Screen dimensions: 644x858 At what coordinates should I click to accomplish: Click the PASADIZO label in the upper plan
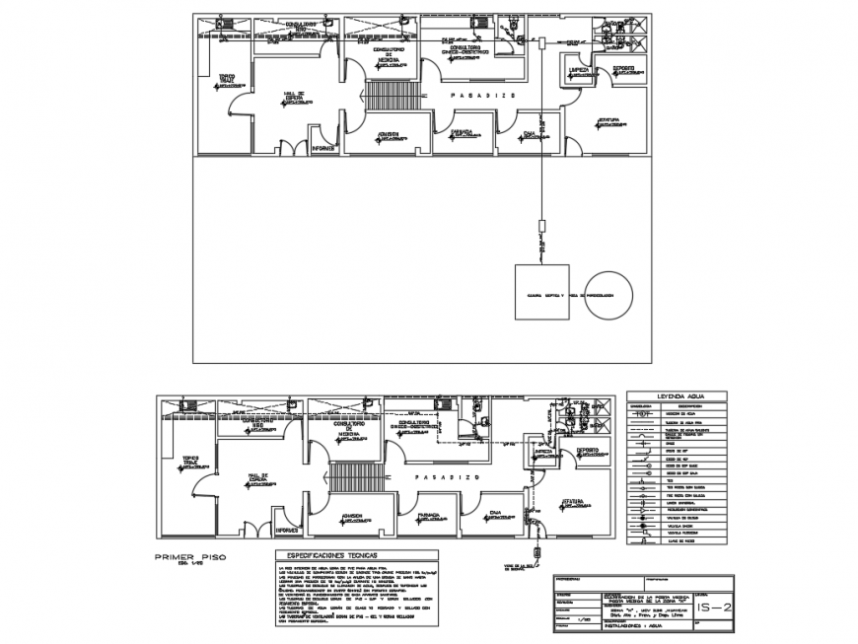click(477, 95)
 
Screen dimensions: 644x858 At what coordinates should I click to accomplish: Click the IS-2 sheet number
click(713, 608)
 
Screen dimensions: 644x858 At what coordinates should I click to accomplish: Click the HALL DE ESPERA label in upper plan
click(294, 97)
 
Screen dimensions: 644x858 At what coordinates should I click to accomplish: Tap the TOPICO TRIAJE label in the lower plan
click(191, 460)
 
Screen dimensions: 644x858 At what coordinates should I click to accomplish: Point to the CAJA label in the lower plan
click(495, 512)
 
